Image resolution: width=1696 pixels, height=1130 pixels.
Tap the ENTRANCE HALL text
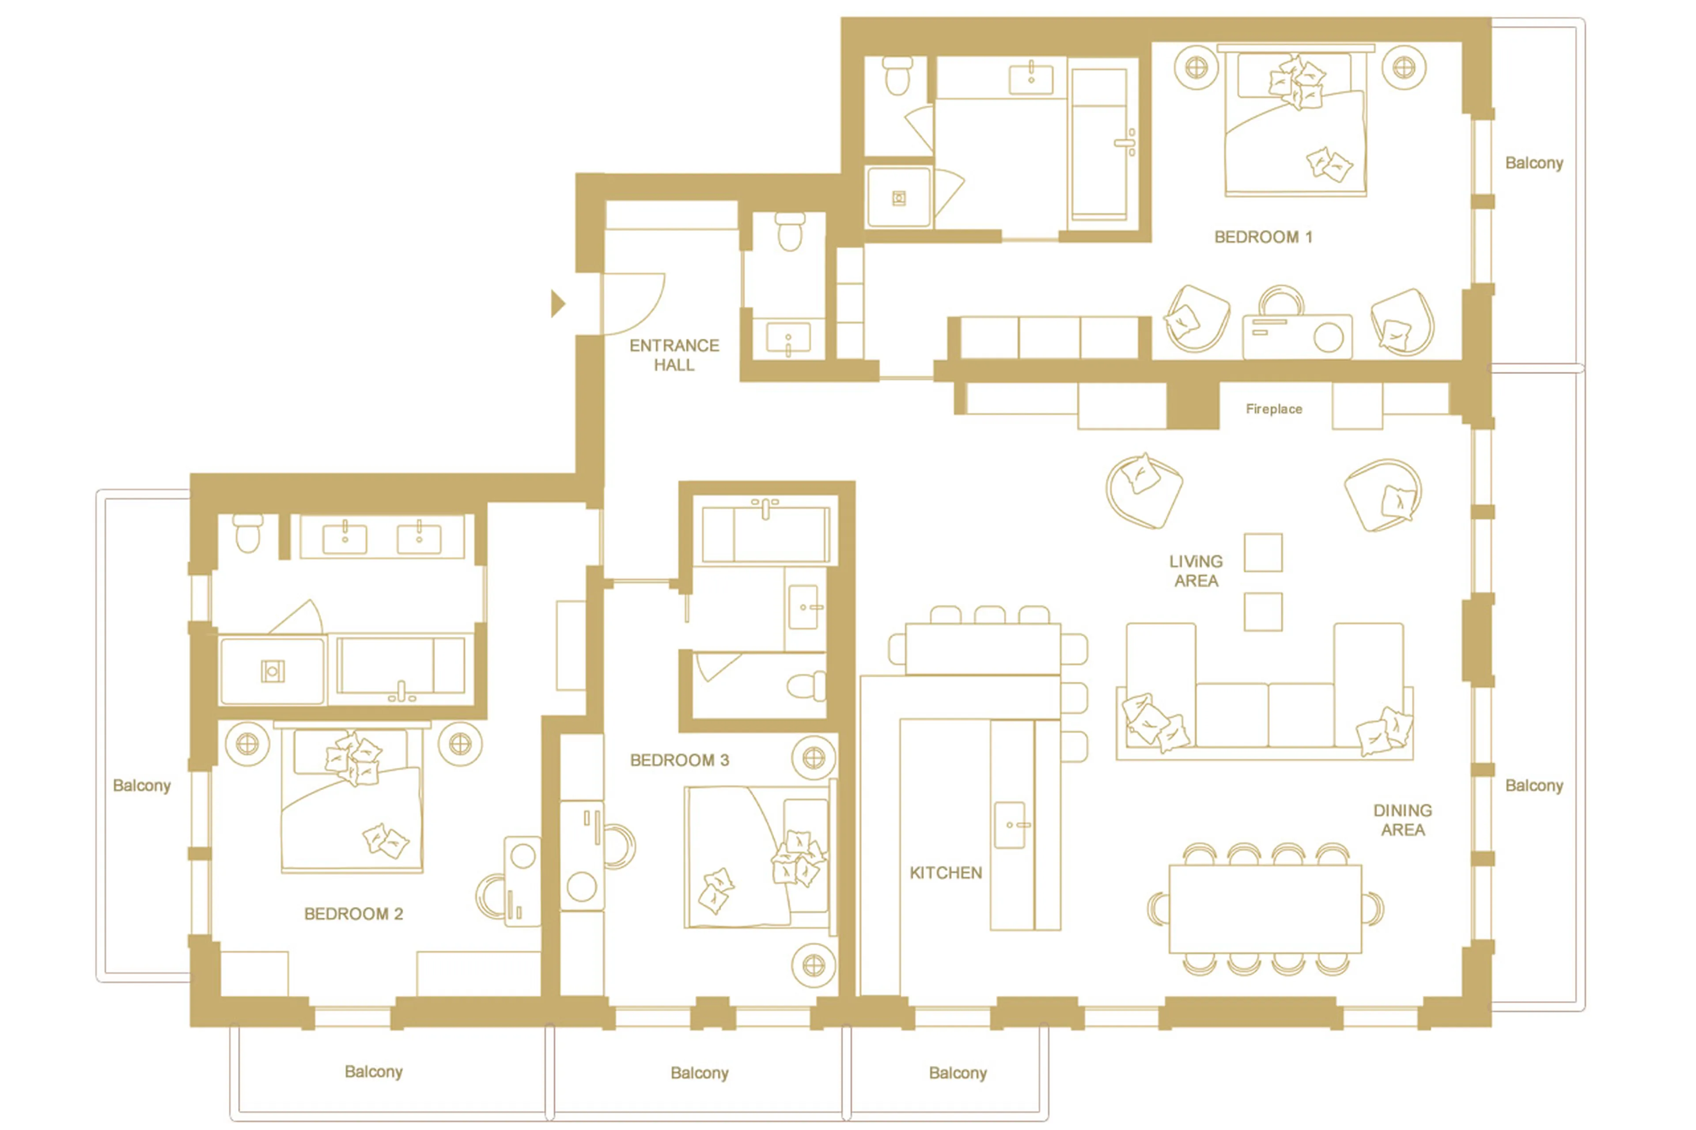(x=674, y=355)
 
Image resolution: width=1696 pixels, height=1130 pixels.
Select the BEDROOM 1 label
(x=1263, y=237)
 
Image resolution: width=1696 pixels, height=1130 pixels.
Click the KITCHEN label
(x=946, y=873)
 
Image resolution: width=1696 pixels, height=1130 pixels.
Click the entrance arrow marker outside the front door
(x=557, y=303)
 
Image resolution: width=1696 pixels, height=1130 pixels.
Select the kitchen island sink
(x=1009, y=824)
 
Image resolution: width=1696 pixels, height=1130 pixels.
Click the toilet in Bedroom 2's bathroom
(x=247, y=533)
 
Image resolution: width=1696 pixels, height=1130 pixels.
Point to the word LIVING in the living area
(x=1195, y=561)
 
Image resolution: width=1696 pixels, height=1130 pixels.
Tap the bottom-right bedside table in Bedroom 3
(x=814, y=965)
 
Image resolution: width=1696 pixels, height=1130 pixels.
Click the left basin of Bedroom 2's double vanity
(x=344, y=538)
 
